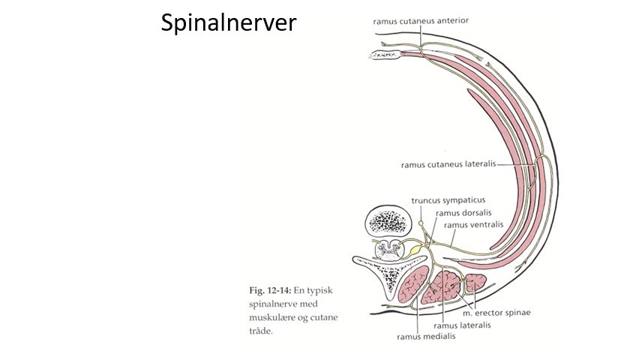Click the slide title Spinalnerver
pos(229,23)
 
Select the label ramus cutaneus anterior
pos(421,21)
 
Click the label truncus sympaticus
pos(448,200)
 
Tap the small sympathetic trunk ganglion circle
pos(421,223)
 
